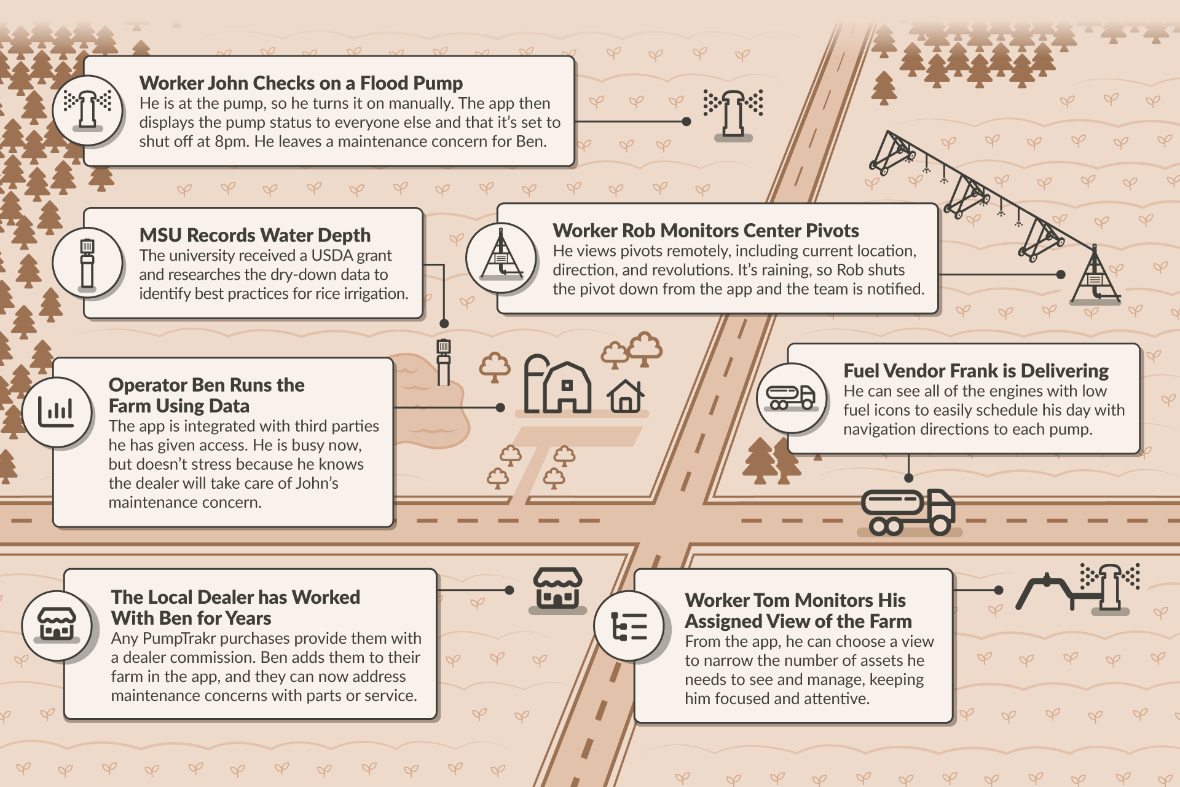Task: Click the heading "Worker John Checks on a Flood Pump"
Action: pyautogui.click(x=301, y=83)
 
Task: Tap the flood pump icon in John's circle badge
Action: pyautogui.click(x=88, y=110)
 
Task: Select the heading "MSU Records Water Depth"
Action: pyautogui.click(x=255, y=235)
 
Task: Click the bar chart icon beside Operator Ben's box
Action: pyautogui.click(x=56, y=411)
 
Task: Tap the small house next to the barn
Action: pyautogui.click(x=626, y=396)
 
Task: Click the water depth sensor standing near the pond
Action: pyautogui.click(x=444, y=362)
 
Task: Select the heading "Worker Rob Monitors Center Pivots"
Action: pyautogui.click(x=706, y=231)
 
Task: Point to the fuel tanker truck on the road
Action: pyautogui.click(x=908, y=512)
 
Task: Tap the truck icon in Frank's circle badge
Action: pyautogui.click(x=790, y=397)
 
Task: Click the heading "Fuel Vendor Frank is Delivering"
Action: pyautogui.click(x=976, y=371)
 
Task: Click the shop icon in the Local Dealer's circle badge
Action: pyautogui.click(x=57, y=625)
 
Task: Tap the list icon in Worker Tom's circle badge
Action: pyautogui.click(x=629, y=627)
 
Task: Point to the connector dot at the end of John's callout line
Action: pyautogui.click(x=686, y=122)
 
